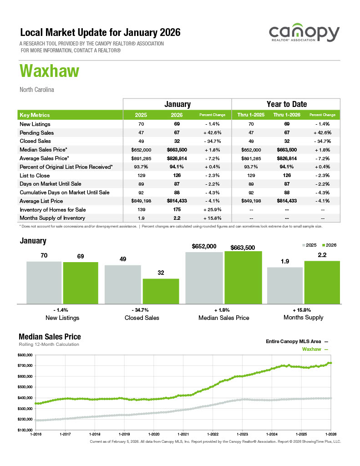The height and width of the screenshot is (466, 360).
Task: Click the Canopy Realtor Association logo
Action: point(304,35)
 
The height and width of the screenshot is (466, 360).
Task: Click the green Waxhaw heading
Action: point(49,71)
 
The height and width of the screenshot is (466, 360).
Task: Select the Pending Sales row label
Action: point(36,133)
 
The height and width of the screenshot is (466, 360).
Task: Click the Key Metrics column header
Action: point(35,115)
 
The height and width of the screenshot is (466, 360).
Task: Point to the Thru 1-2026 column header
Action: point(286,115)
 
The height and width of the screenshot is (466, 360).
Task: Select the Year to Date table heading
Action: point(286,104)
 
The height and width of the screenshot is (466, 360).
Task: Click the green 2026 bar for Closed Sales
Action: point(161,291)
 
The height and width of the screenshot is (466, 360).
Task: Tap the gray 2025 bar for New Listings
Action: point(44,282)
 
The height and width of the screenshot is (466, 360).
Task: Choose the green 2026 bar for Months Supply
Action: point(322,282)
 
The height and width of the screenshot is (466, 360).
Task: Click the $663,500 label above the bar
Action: point(243,248)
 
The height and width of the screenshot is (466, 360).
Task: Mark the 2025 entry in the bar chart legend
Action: point(310,245)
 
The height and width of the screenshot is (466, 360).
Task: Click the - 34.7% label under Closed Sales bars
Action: point(142,309)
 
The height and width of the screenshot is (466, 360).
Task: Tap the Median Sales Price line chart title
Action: point(50,337)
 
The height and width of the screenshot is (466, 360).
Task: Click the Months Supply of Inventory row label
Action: point(52,218)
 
